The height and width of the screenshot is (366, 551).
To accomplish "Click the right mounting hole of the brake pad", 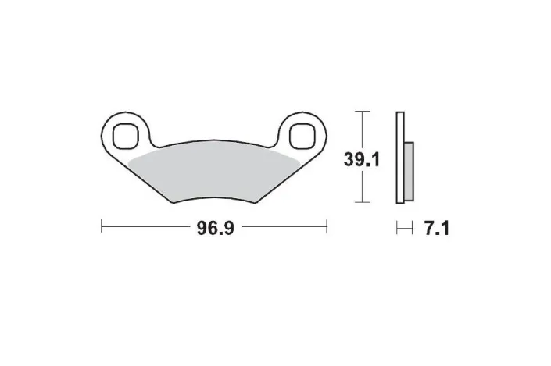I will tap(302, 136).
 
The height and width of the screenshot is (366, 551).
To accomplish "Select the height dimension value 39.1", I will tap(362, 160).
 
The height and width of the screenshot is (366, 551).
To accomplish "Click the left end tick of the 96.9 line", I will tap(102, 228).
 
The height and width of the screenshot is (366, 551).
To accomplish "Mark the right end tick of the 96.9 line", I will tap(326, 228).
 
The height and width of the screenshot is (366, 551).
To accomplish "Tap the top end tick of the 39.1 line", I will tap(360, 111).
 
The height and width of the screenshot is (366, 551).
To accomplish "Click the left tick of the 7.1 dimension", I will tap(397, 228).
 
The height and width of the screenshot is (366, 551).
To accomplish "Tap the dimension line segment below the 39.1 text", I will tap(360, 187).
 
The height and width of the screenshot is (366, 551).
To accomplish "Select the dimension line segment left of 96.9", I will tap(148, 228).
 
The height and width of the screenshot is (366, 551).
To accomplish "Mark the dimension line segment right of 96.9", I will tap(281, 228).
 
